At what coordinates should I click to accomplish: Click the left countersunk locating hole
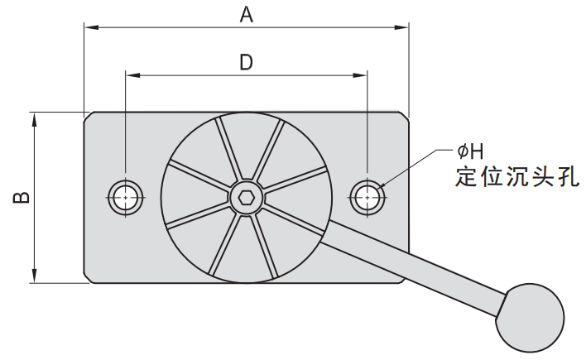[125, 196]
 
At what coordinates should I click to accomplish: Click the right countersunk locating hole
[367, 196]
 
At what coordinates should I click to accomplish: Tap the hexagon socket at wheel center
[245, 197]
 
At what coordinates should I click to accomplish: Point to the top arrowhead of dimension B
[34, 118]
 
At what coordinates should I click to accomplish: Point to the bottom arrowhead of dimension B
[34, 276]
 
